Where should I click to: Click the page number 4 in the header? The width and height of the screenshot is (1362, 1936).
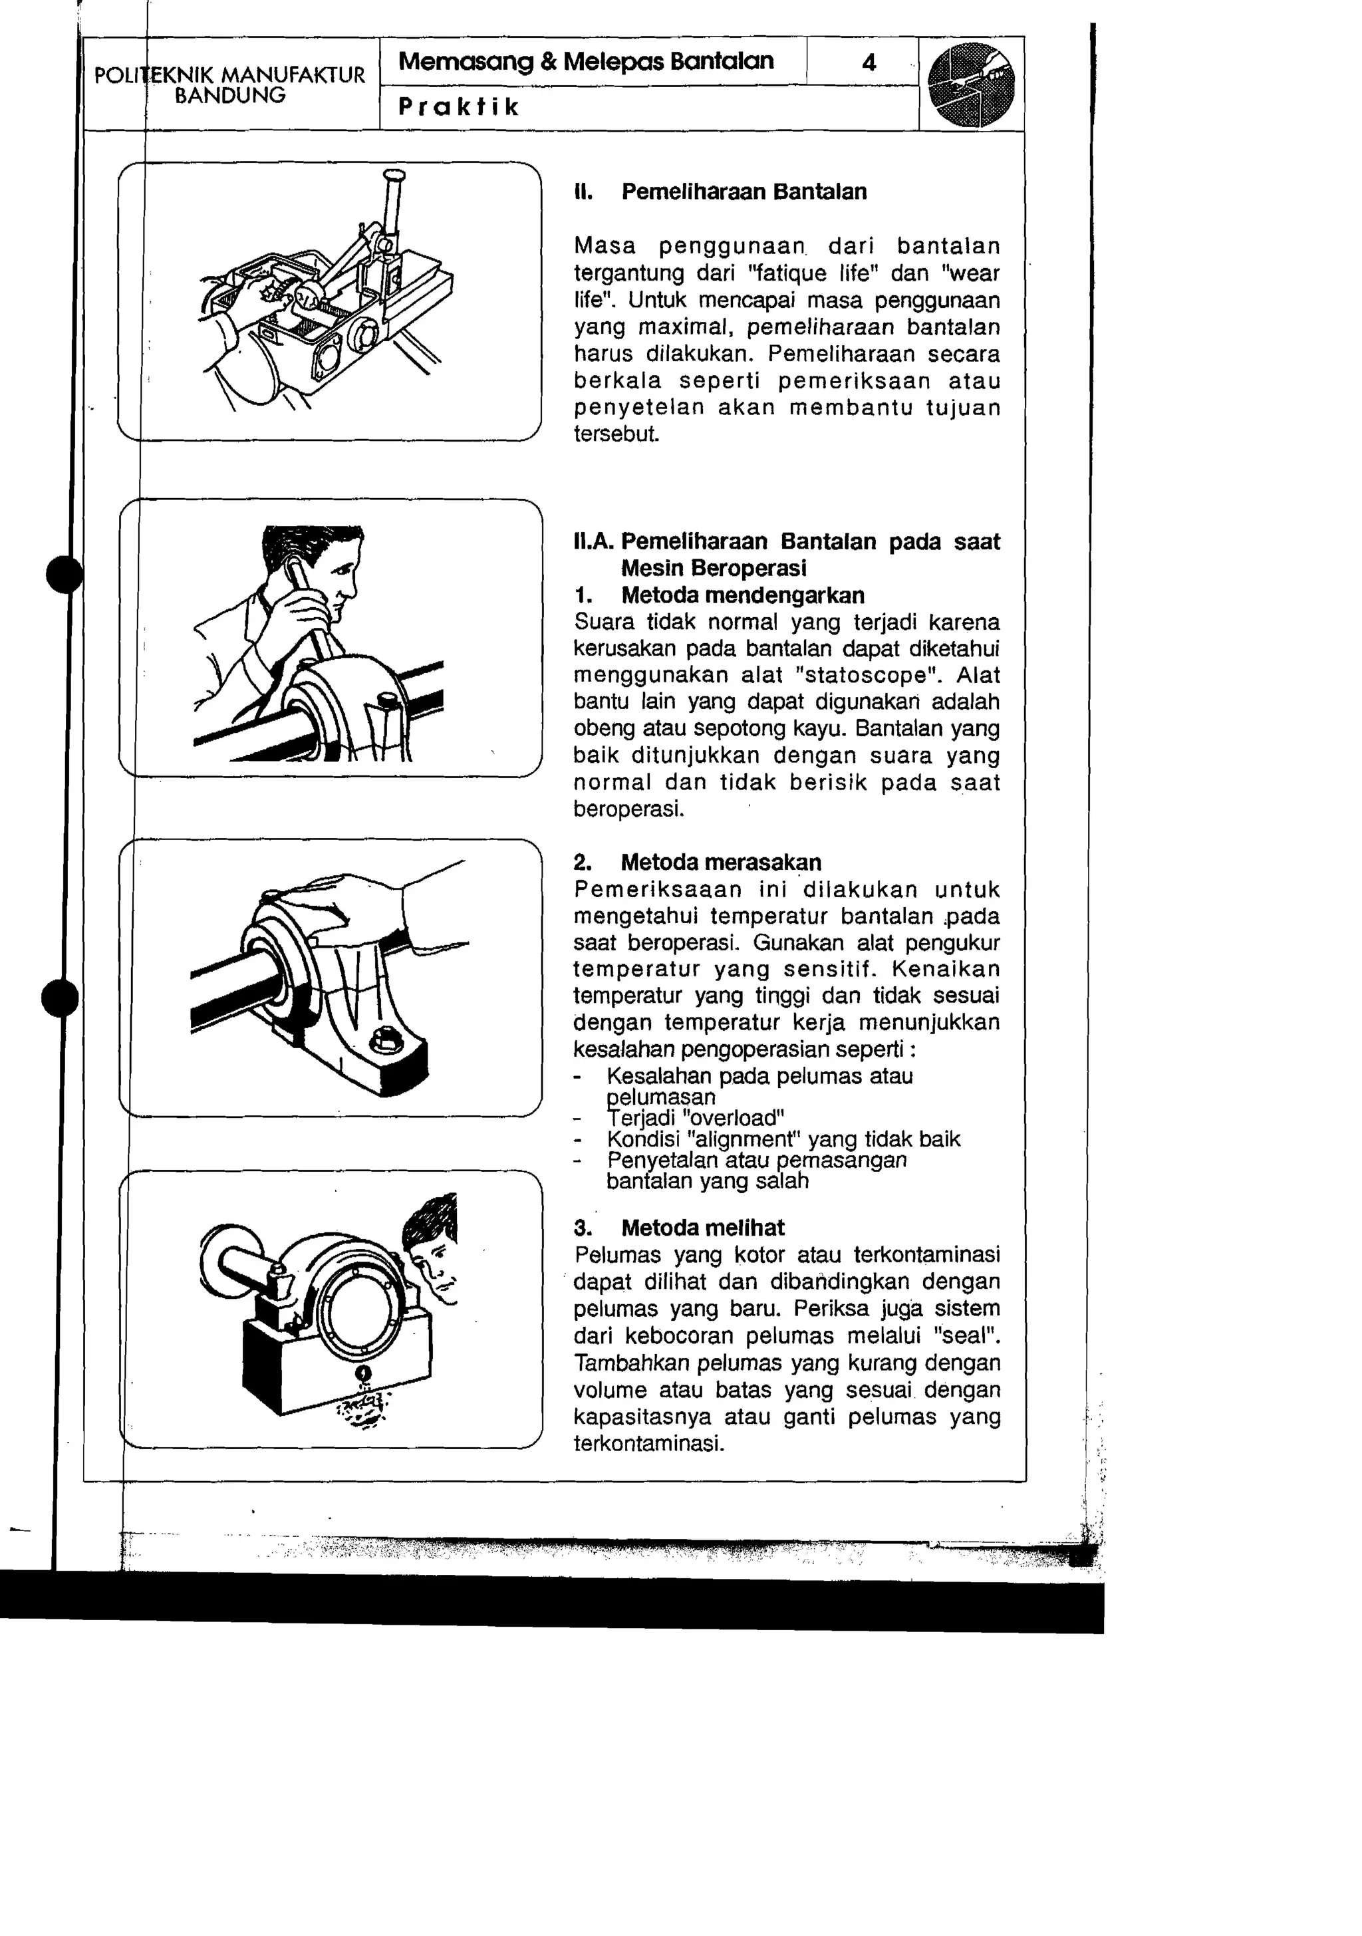869,63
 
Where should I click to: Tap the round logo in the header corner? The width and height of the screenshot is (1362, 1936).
971,84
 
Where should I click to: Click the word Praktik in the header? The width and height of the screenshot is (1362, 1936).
458,107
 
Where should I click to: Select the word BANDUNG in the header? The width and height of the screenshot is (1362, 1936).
229,95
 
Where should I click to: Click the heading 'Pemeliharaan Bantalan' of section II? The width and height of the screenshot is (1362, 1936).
744,192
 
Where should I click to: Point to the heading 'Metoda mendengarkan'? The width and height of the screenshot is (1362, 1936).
742,595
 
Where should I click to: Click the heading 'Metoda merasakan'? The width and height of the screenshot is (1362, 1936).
720,863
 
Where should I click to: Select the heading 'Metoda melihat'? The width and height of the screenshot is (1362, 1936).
702,1228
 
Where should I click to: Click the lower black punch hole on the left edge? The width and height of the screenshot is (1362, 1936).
60,999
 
